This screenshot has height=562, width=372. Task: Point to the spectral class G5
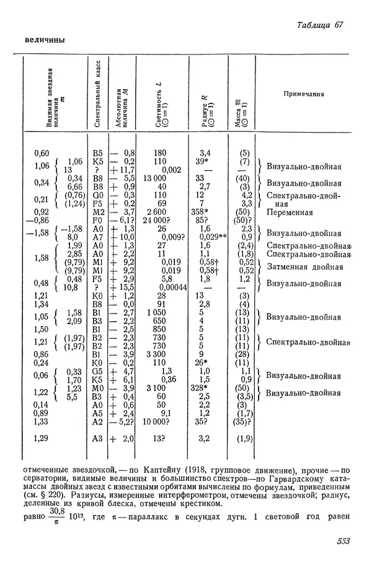96,371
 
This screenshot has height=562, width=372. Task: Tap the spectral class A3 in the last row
96,438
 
